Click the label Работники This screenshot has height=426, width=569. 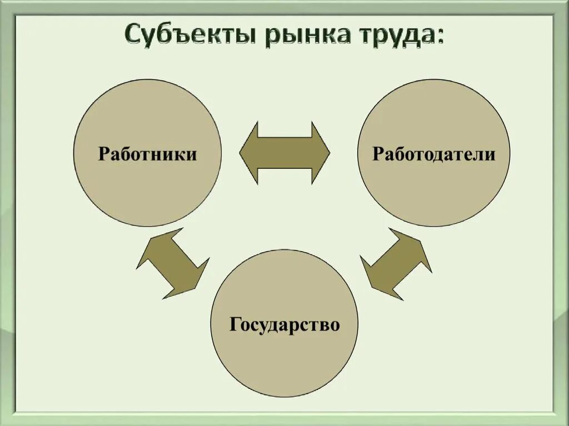[x=147, y=154]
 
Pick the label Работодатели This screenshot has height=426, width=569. [x=433, y=154]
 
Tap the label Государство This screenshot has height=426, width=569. [x=284, y=324]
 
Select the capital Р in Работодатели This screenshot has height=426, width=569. [x=378, y=154]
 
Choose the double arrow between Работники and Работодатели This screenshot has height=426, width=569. [x=284, y=152]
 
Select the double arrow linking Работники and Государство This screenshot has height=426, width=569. [x=172, y=263]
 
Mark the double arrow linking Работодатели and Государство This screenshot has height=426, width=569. [x=396, y=263]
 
